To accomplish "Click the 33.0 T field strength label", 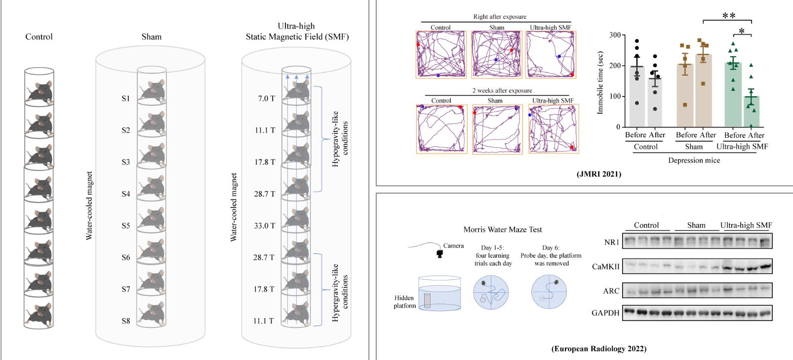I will (x=264, y=226).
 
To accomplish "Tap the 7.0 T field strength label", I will (x=266, y=99).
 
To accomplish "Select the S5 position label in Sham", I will (x=126, y=226).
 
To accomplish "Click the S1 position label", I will (x=126, y=99).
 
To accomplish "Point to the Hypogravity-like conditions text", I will (x=340, y=138).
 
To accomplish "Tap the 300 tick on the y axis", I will (x=614, y=35).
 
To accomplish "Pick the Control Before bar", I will (x=637, y=97).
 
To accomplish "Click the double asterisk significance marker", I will (x=729, y=16).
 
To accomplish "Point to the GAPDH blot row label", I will (x=605, y=313).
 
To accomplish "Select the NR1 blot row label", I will (x=611, y=242).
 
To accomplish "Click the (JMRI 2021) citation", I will (x=598, y=174).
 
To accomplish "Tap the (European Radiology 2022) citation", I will (x=598, y=349).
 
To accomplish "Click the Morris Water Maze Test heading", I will (x=503, y=229).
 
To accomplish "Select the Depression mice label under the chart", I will (x=694, y=160).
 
